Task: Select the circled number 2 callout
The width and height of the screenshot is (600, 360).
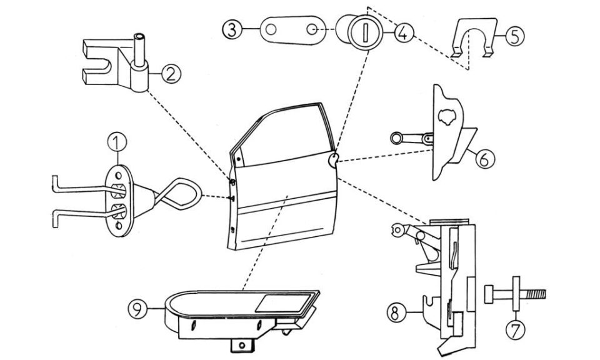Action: point(171,74)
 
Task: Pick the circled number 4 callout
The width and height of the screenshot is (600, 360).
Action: point(403,32)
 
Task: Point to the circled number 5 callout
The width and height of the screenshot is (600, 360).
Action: point(514,36)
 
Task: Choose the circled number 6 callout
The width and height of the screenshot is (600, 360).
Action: point(484,158)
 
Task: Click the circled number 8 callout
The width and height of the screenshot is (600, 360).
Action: point(396,312)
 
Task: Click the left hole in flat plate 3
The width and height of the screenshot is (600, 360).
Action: point(271,29)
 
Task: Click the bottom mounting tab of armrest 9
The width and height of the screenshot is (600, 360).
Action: point(241,345)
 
